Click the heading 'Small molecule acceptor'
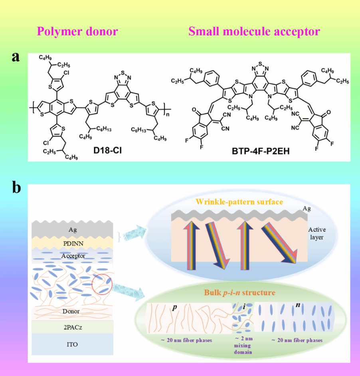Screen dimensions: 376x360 pyautogui.click(x=254, y=31)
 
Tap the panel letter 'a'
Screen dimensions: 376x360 pyautogui.click(x=16, y=57)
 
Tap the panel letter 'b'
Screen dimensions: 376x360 pyautogui.click(x=16, y=187)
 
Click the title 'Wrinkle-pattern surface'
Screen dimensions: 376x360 pyautogui.click(x=239, y=202)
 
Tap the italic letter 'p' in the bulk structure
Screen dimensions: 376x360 pyautogui.click(x=174, y=308)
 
